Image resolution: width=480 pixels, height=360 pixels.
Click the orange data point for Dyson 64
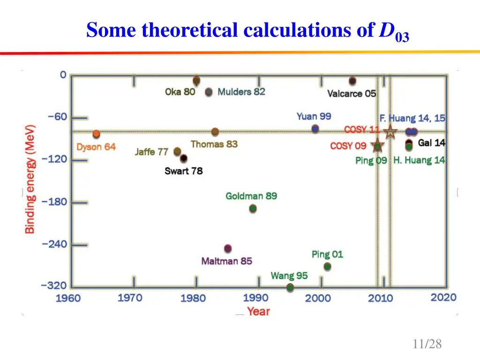point(96,134)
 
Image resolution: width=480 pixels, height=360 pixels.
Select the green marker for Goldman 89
point(253,208)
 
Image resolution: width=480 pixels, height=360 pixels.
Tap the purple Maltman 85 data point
point(228,248)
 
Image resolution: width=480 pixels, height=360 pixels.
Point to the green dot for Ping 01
point(327,266)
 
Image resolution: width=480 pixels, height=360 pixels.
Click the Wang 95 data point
point(290,287)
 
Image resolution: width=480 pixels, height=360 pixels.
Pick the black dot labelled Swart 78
point(183,158)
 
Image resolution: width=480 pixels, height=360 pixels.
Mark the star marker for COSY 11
point(390,132)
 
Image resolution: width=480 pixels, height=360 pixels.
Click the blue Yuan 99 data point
point(315,128)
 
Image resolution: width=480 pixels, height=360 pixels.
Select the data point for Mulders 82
point(209,92)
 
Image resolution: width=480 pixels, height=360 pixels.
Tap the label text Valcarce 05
point(352,94)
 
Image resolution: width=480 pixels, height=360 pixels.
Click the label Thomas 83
point(214,144)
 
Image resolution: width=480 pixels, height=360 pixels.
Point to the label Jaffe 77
point(151,152)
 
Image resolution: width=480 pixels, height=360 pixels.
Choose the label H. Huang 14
point(419,160)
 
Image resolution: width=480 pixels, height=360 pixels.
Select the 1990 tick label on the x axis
point(256,298)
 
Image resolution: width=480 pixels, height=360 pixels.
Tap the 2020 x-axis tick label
point(443,297)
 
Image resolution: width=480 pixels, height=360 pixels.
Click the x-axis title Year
point(259,311)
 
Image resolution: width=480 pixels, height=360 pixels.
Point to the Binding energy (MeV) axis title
point(30,179)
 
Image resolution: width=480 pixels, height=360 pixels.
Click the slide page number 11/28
point(427,344)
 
